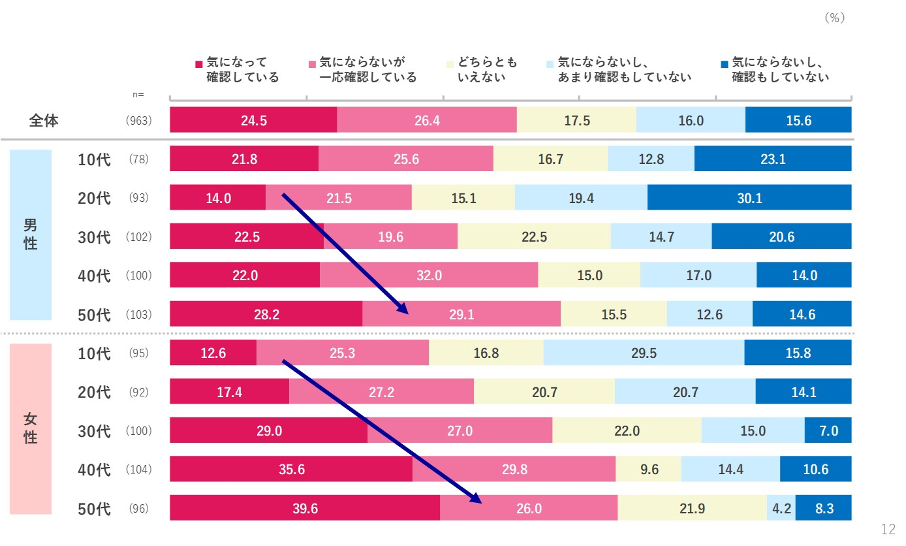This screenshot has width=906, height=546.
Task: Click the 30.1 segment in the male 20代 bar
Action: coord(749,198)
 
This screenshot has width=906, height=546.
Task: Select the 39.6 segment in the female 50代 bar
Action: coord(305,508)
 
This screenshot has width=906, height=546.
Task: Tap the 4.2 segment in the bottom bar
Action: coord(781,508)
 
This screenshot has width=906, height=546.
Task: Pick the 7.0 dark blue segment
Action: coord(828,431)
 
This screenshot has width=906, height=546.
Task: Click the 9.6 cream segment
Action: coord(649,470)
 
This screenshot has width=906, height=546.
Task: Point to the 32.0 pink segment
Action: coord(429,276)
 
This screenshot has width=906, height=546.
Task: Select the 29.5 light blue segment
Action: coord(644,353)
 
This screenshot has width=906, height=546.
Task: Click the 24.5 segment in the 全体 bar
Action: coord(253,121)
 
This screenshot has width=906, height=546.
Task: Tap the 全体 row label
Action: coord(44,121)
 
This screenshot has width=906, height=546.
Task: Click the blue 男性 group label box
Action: coord(30,235)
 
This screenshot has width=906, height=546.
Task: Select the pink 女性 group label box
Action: coord(30,429)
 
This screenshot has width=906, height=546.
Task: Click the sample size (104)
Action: coord(138,470)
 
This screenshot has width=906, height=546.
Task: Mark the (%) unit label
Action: coord(834,18)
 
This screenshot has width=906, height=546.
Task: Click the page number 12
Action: coord(888,529)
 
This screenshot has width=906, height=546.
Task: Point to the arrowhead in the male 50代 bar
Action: coord(403,310)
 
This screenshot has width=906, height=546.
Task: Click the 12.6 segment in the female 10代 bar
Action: coord(213,353)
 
